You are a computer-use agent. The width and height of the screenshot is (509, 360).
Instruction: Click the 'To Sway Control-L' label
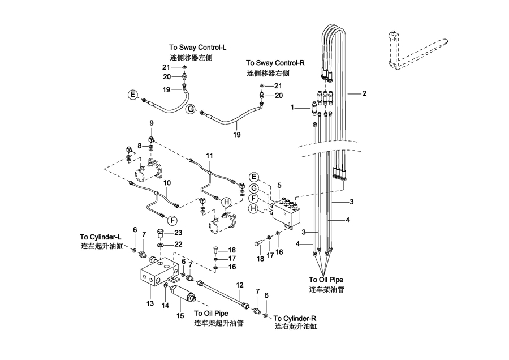tap(194, 48)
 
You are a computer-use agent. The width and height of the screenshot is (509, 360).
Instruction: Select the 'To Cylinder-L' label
tap(101, 237)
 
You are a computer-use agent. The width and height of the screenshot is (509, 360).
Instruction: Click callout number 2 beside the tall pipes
tap(365, 93)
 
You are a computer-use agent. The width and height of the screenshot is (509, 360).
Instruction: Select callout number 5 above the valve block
tap(279, 185)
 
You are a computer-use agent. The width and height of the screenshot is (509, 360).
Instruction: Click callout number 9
tap(152, 123)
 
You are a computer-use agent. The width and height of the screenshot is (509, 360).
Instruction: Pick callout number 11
tap(209, 155)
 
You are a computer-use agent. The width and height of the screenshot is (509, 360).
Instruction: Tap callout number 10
tap(167, 183)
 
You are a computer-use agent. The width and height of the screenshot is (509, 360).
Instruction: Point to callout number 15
tap(181, 315)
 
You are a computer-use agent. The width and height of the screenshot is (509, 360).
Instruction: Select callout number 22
tap(178, 244)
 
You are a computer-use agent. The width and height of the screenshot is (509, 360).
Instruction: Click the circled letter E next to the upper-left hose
tap(132, 95)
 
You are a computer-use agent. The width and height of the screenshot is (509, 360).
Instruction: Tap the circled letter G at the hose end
tap(191, 110)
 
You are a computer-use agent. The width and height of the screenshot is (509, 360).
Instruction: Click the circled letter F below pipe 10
tap(173, 220)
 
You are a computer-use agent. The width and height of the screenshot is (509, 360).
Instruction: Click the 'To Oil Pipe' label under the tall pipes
tap(326, 279)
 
